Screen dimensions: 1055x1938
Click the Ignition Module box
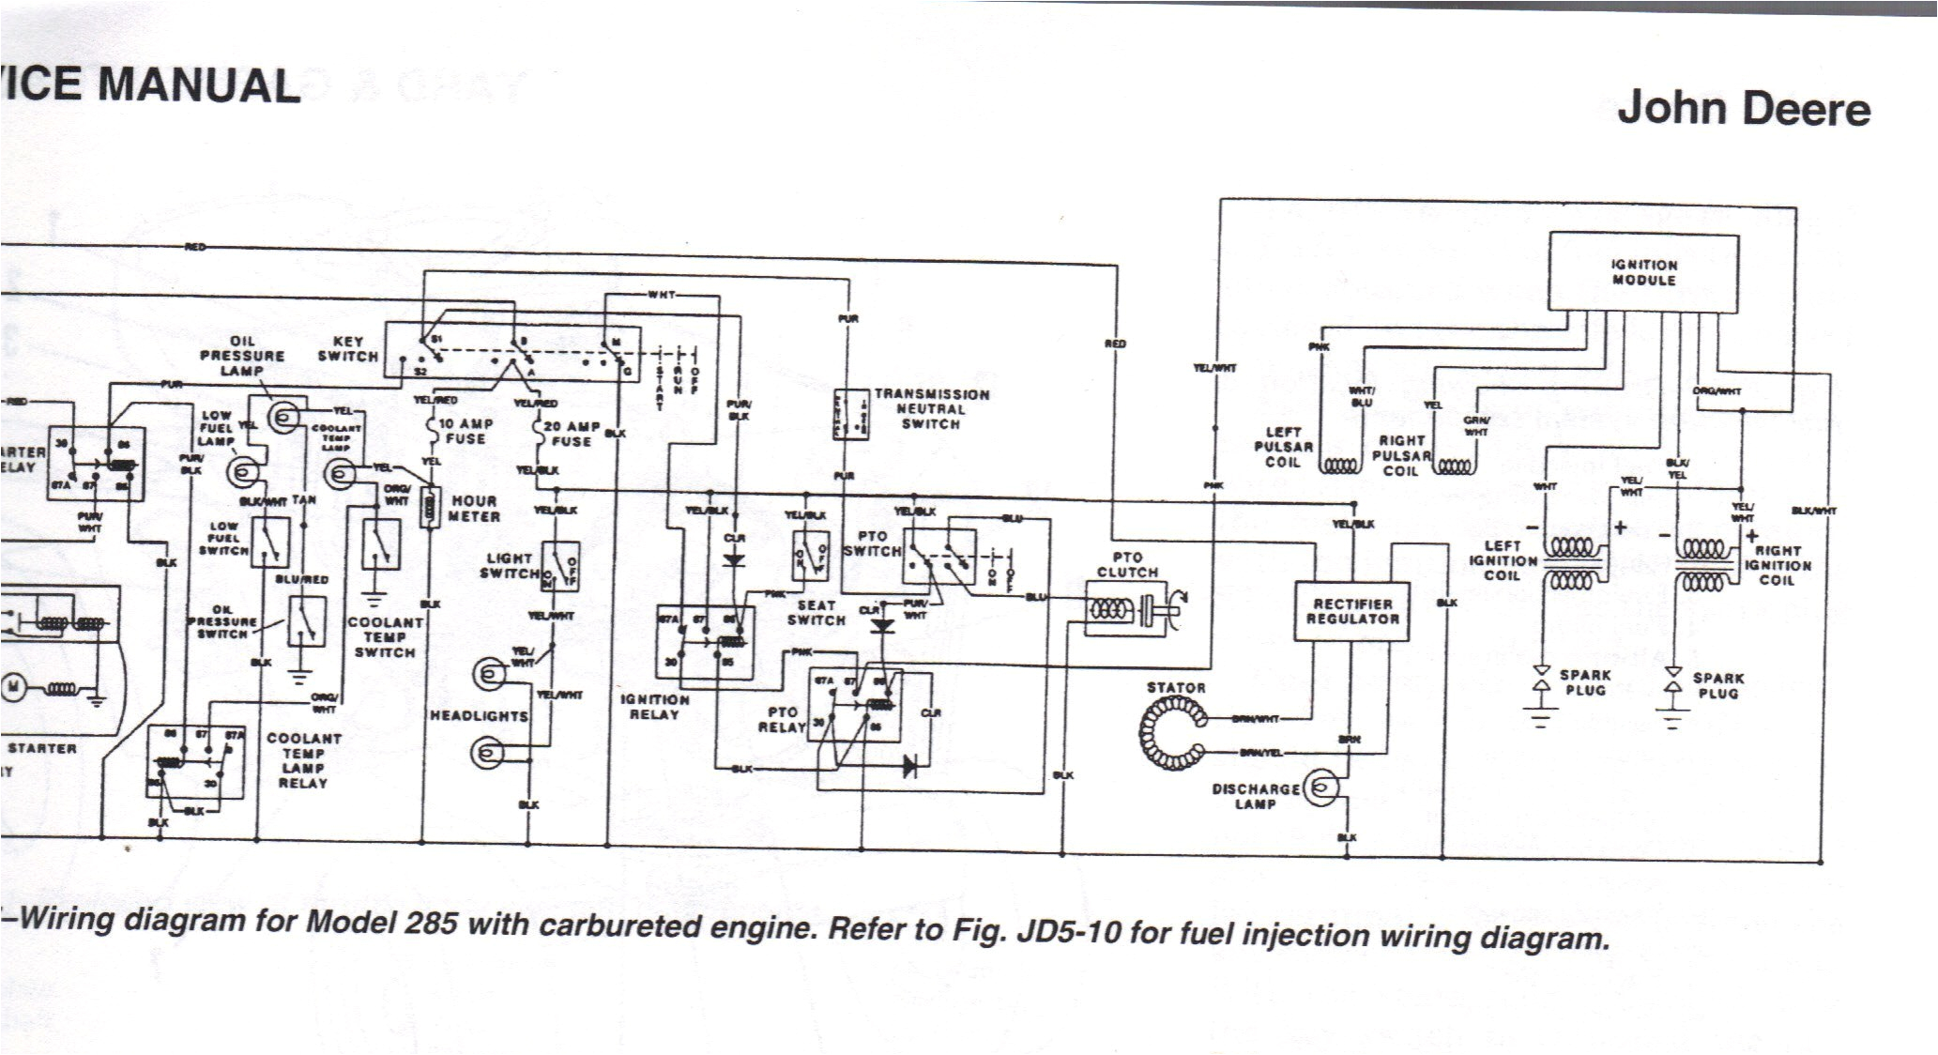[1643, 272]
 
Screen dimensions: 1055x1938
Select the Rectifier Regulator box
[1351, 611]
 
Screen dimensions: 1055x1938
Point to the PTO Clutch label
[1127, 565]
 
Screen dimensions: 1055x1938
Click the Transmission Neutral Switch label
[930, 409]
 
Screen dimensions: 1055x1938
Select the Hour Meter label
[474, 509]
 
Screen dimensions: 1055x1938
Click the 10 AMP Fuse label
[465, 432]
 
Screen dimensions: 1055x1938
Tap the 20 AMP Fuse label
[571, 434]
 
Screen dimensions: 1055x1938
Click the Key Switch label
[347, 349]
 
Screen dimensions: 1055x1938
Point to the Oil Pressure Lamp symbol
[283, 417]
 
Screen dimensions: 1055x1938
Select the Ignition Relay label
[654, 707]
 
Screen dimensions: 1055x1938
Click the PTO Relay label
[782, 720]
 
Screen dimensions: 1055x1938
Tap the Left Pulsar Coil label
[1283, 448]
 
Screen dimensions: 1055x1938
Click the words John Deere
[1743, 109]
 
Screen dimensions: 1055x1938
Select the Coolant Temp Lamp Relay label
[303, 760]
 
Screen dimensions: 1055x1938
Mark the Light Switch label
[510, 565]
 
